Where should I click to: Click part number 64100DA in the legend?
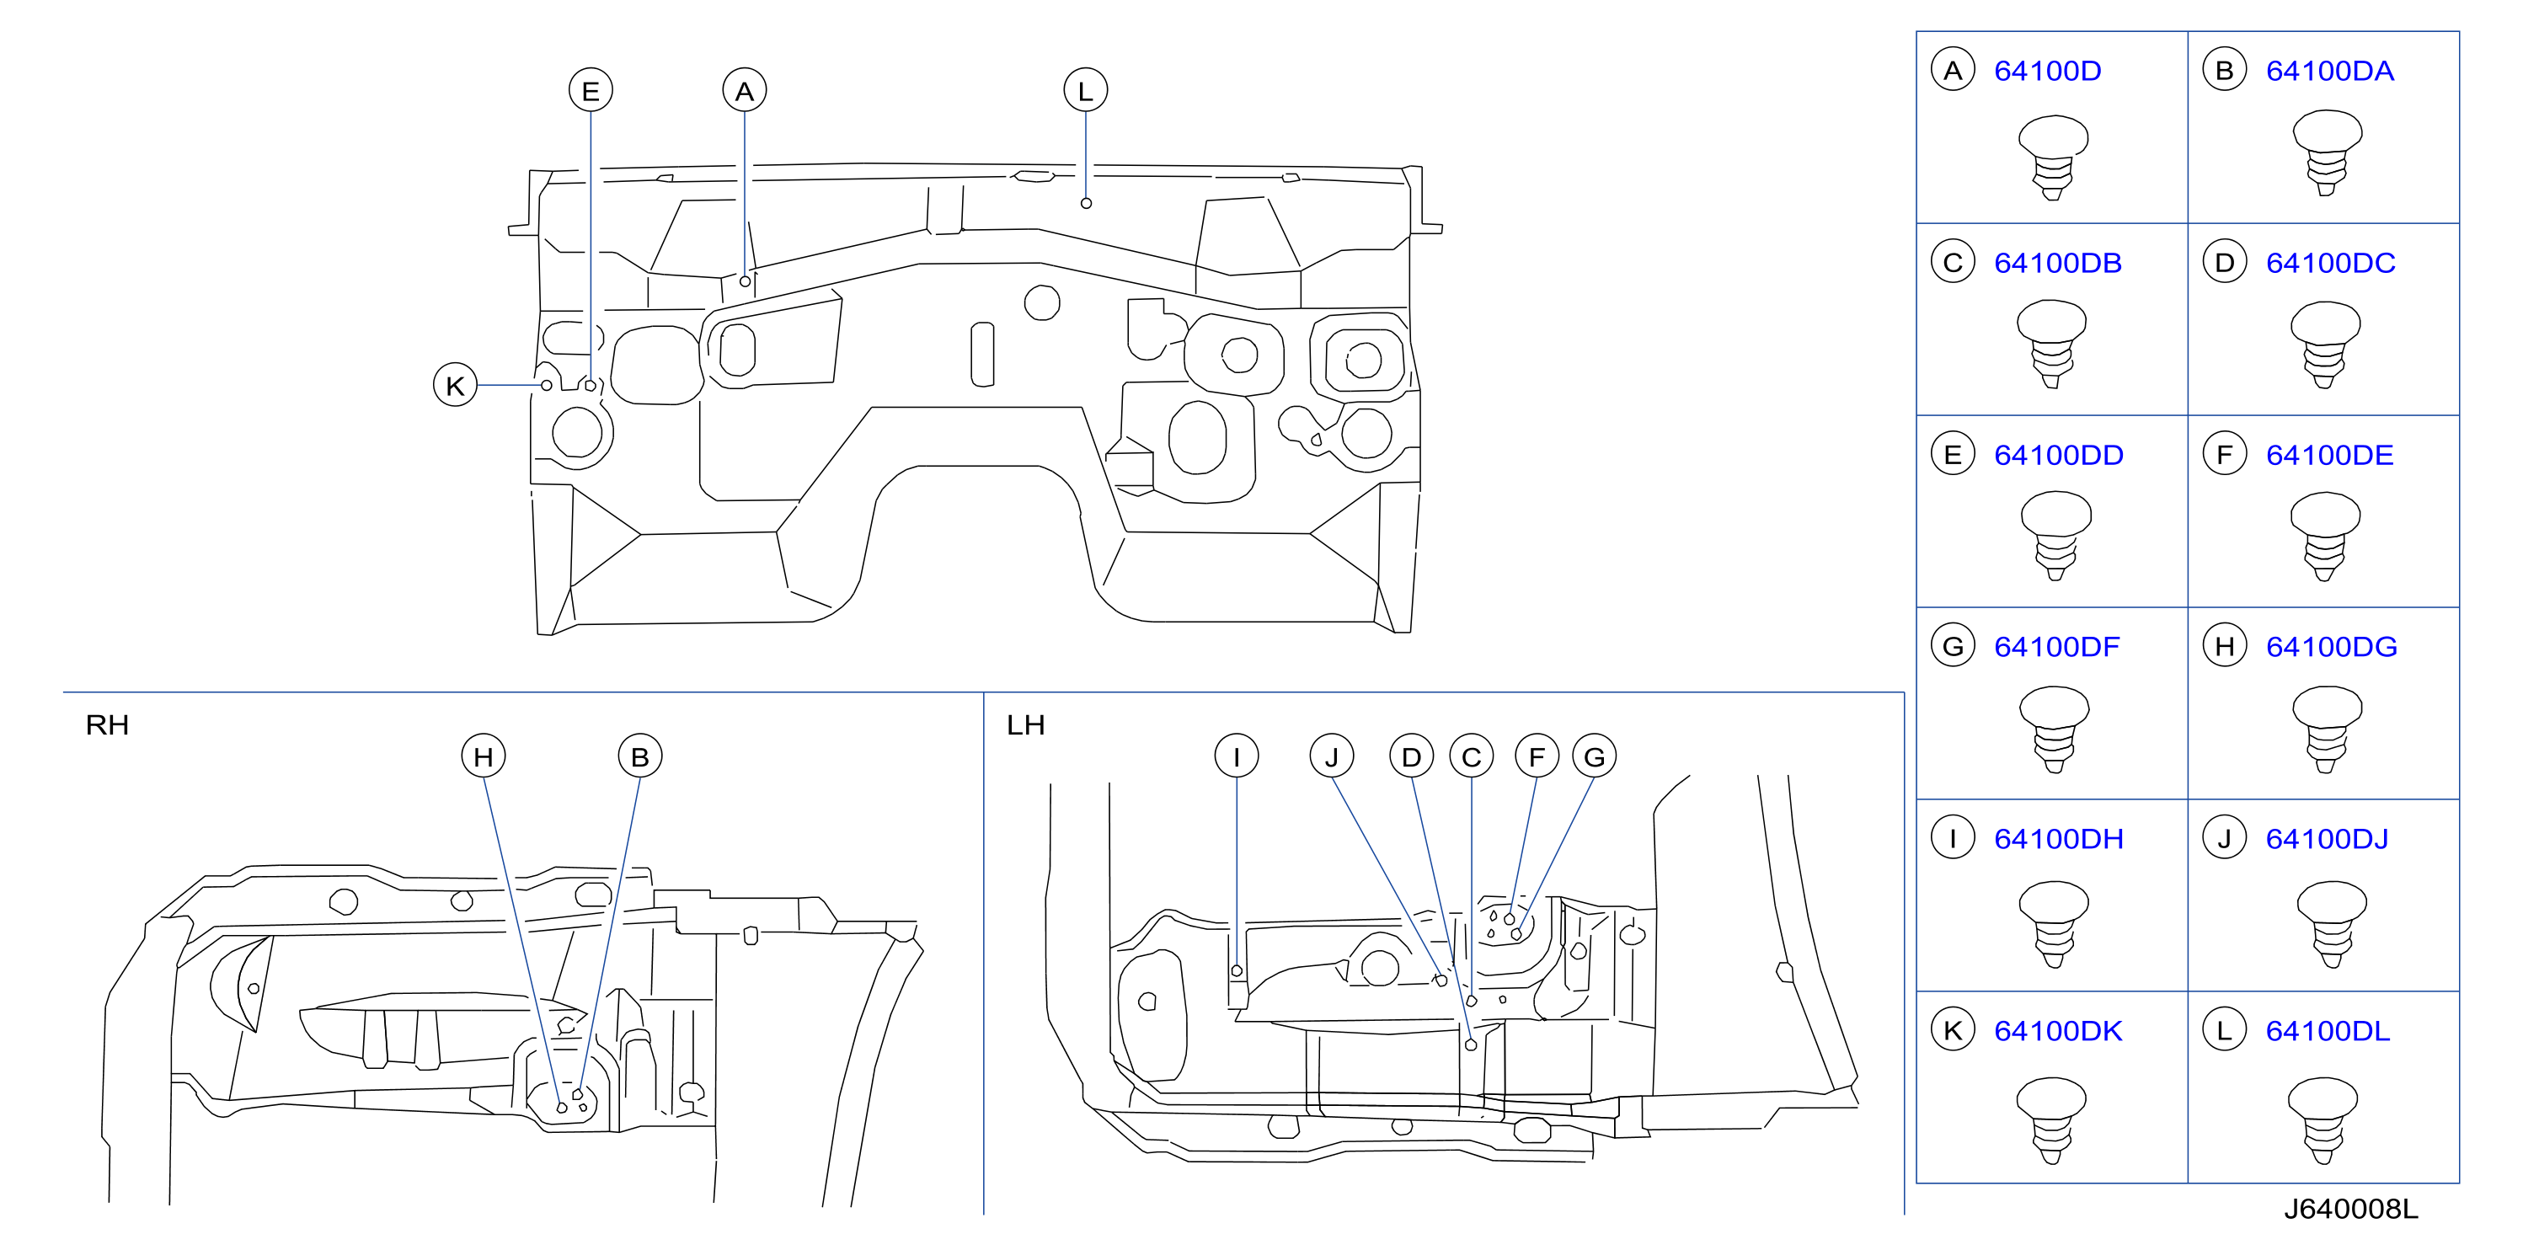[x=2329, y=71]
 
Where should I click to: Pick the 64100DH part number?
[x=2058, y=839]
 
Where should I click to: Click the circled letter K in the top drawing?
[x=456, y=385]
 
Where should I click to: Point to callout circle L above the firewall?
[x=1085, y=91]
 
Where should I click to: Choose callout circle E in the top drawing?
[x=591, y=91]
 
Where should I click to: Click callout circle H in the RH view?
[x=484, y=756]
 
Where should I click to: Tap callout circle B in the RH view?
[x=640, y=756]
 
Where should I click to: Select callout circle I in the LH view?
[x=1236, y=756]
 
